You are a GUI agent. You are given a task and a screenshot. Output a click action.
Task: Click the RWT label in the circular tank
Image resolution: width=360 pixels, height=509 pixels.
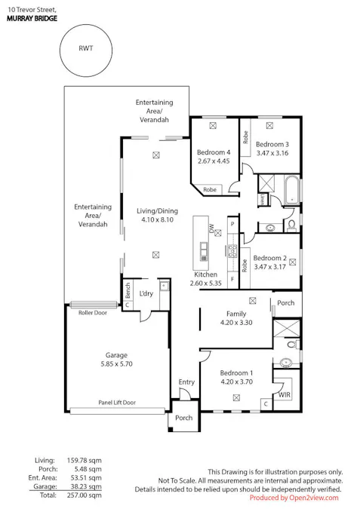tap(86, 48)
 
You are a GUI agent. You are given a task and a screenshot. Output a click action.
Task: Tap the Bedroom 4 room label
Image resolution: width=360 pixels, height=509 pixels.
tap(214, 152)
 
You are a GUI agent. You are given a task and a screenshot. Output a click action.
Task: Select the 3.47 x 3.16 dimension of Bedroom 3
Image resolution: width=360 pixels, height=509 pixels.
tap(272, 153)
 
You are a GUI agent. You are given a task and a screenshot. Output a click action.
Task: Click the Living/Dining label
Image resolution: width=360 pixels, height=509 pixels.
tap(157, 211)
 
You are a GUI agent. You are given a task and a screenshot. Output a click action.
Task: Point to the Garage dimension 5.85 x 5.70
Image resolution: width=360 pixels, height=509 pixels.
tap(117, 364)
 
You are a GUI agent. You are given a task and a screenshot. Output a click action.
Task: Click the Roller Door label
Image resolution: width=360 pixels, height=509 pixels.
tap(93, 313)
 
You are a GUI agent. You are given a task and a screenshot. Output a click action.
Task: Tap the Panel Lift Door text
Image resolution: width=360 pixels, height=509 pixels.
tap(117, 403)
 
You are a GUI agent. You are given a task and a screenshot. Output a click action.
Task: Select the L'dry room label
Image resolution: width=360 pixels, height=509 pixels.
tap(146, 293)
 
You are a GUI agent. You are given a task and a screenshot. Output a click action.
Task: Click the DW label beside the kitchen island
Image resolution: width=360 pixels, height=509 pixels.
tap(212, 228)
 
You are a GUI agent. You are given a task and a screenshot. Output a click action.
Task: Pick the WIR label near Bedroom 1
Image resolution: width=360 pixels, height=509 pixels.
tap(285, 394)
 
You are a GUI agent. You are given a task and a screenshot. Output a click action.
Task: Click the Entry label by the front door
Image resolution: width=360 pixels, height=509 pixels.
tap(186, 382)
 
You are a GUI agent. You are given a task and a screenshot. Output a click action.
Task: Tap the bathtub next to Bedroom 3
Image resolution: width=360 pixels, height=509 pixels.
tap(292, 190)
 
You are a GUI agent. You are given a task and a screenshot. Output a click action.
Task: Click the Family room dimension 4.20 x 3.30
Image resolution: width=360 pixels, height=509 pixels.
tap(236, 323)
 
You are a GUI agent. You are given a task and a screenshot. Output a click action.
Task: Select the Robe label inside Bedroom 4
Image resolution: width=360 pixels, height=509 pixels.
tap(210, 189)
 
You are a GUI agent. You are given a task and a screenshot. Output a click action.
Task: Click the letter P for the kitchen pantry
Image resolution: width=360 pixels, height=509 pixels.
tap(232, 224)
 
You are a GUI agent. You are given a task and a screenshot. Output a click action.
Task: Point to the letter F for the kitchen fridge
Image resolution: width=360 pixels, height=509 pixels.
tap(232, 279)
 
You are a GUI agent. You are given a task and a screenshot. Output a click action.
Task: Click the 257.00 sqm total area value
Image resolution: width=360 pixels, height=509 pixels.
tap(85, 495)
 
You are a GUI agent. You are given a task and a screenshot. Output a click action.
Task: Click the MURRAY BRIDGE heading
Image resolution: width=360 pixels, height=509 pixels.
tap(32, 18)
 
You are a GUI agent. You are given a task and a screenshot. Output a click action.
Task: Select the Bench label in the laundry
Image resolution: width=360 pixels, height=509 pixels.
tap(128, 290)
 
